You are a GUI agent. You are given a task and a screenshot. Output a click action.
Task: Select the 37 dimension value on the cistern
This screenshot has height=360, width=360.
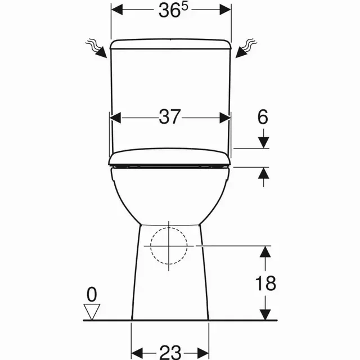(170, 117)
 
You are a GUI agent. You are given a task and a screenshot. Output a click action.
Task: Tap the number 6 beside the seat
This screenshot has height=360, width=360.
(263, 117)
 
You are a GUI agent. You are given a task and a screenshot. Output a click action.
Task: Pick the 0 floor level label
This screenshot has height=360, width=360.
(91, 294)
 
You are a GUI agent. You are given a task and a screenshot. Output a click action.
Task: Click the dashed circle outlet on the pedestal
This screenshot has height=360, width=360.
(169, 246)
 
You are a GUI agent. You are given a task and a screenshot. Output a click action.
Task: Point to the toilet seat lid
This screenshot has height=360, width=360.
(170, 159)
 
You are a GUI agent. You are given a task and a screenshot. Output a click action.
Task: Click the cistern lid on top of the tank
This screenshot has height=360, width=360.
(170, 44)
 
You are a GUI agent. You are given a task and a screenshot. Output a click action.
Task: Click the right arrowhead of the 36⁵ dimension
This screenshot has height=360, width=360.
(224, 10)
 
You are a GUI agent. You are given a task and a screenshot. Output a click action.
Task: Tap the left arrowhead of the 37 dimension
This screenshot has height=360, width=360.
(115, 117)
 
